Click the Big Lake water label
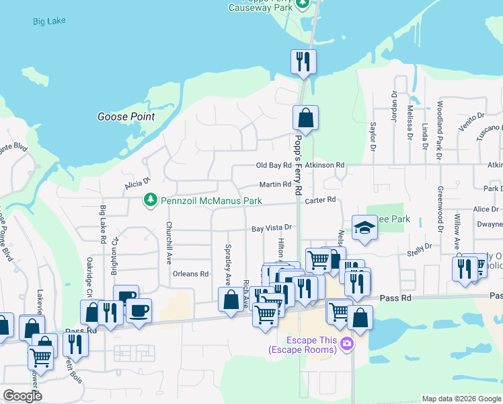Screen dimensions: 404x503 pos(50,21)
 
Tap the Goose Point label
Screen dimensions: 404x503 pos(126,116)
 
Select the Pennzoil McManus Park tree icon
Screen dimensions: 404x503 pos(151,200)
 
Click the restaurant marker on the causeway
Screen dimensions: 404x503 pos(303,61)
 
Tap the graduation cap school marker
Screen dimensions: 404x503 pos(364,226)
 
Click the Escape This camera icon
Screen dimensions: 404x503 pos(346,344)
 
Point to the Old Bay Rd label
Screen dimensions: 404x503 pos(273,165)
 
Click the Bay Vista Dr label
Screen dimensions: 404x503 pos(272,228)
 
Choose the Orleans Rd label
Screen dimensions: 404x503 pos(190,274)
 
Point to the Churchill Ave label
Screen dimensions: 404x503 pos(169,242)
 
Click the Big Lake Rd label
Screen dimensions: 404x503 pos(104,224)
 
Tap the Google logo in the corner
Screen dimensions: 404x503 pos(22,396)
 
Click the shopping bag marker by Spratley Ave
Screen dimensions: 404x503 pos(231,299)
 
